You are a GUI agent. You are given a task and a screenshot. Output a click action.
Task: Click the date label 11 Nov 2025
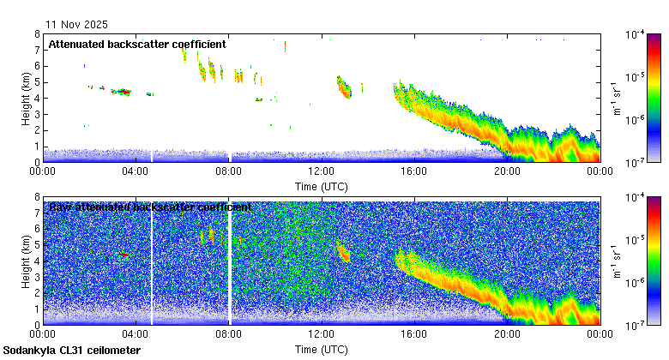click(77, 25)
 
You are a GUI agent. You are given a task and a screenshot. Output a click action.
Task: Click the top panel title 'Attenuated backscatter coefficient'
click(137, 44)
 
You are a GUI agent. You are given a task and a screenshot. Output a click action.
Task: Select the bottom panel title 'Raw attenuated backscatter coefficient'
click(150, 207)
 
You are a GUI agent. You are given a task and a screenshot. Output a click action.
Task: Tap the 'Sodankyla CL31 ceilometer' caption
click(72, 351)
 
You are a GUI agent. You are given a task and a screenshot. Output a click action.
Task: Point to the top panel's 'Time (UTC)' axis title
click(321, 186)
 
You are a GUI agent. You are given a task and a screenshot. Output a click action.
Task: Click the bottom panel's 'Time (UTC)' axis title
click(321, 350)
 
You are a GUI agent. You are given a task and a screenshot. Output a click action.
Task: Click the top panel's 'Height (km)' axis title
click(27, 98)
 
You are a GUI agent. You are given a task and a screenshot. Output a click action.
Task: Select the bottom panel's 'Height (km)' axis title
click(27, 261)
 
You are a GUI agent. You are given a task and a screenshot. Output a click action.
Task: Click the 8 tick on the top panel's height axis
click(38, 34)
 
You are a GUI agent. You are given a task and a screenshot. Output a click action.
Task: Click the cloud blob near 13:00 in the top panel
click(344, 87)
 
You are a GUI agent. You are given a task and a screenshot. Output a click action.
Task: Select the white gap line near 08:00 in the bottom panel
click(230, 261)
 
